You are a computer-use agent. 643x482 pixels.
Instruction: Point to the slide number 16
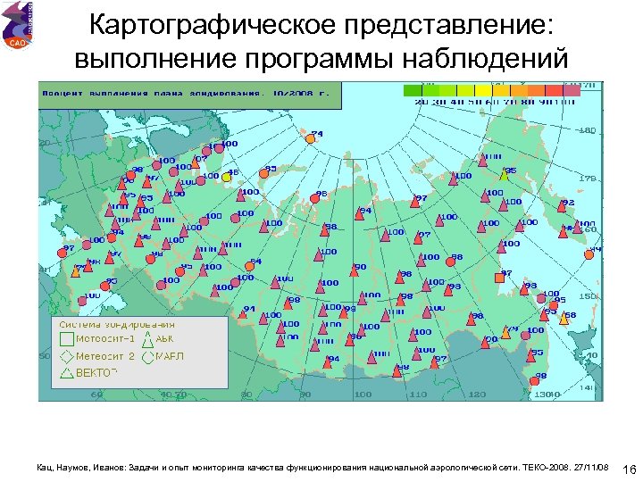point(628,470)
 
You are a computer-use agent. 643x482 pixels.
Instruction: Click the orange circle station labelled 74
point(310,138)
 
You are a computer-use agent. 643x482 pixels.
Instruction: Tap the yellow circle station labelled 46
point(226,177)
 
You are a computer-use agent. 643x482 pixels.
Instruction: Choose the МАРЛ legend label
point(169,355)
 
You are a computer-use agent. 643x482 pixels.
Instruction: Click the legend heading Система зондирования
point(112,324)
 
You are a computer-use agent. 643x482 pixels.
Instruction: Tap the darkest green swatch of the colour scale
point(412,90)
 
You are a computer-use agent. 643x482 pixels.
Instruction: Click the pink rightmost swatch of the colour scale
point(572,90)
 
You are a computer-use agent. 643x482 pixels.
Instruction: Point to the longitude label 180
point(587,130)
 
